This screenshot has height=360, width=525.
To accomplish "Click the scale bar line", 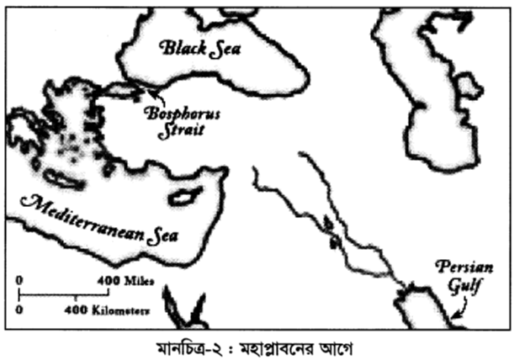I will (x=64, y=294).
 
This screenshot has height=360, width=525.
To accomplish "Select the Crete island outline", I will (x=60, y=179).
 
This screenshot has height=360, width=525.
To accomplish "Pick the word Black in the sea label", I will (x=180, y=49).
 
